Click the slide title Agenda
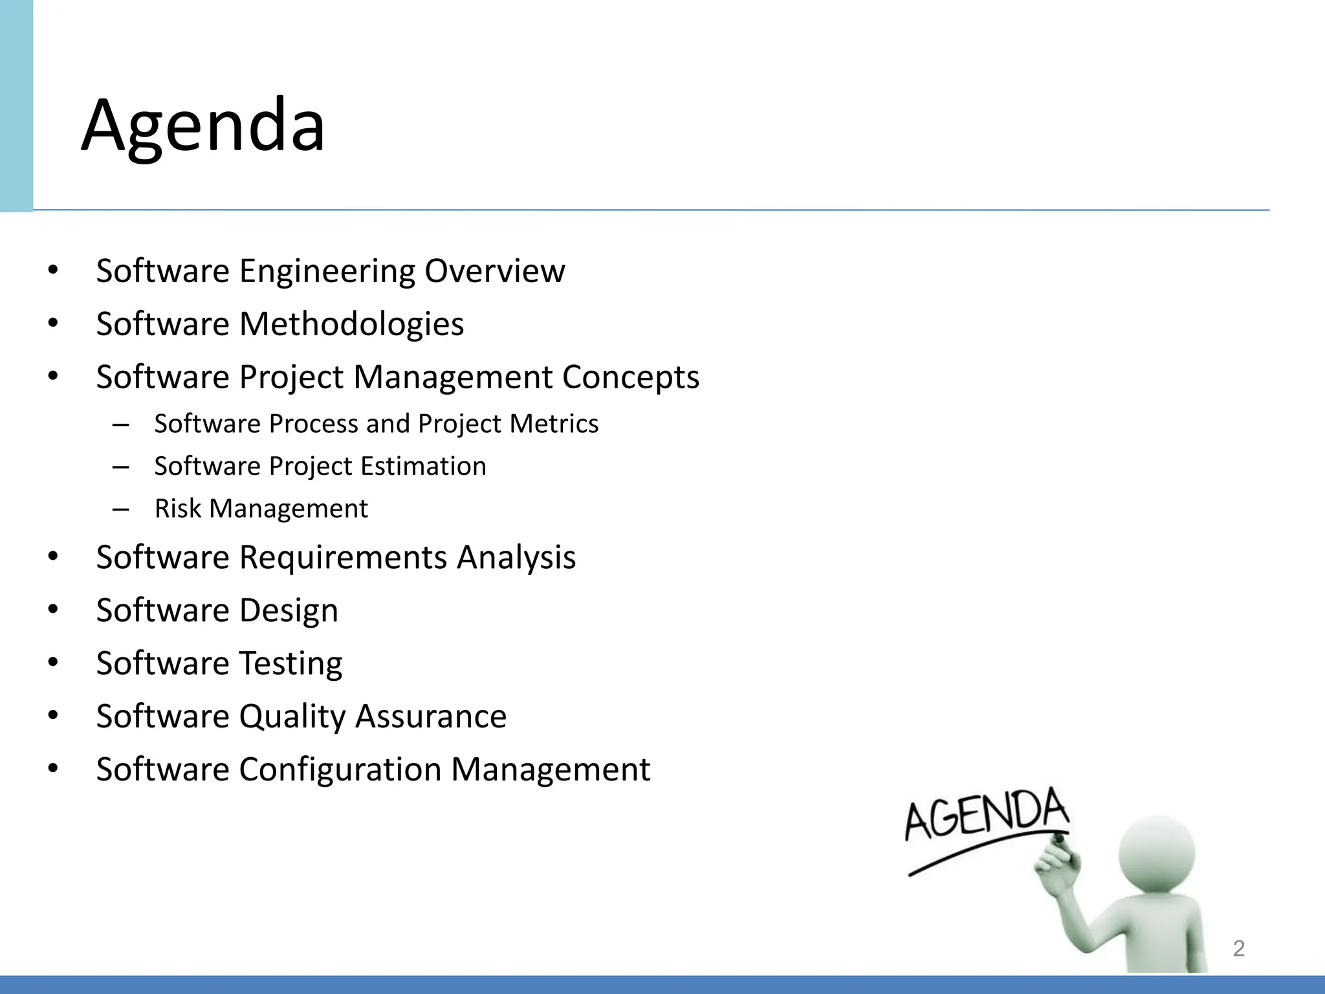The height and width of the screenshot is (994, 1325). [x=203, y=126]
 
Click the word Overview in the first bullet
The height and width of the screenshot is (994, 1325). [x=494, y=271]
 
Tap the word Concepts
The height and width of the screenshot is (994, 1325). [x=630, y=377]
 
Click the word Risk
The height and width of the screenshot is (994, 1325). [x=178, y=509]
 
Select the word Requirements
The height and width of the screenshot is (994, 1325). [x=343, y=557]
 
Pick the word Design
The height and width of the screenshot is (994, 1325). [x=289, y=611]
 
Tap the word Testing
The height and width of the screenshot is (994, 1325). [x=290, y=663]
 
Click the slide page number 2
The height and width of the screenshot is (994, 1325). [x=1238, y=948]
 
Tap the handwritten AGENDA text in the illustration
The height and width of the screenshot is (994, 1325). [x=986, y=815]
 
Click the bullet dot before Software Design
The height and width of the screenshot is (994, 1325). [x=53, y=610]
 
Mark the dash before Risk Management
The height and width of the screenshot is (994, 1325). [x=120, y=509]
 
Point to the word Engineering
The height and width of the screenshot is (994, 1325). [x=327, y=271]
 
